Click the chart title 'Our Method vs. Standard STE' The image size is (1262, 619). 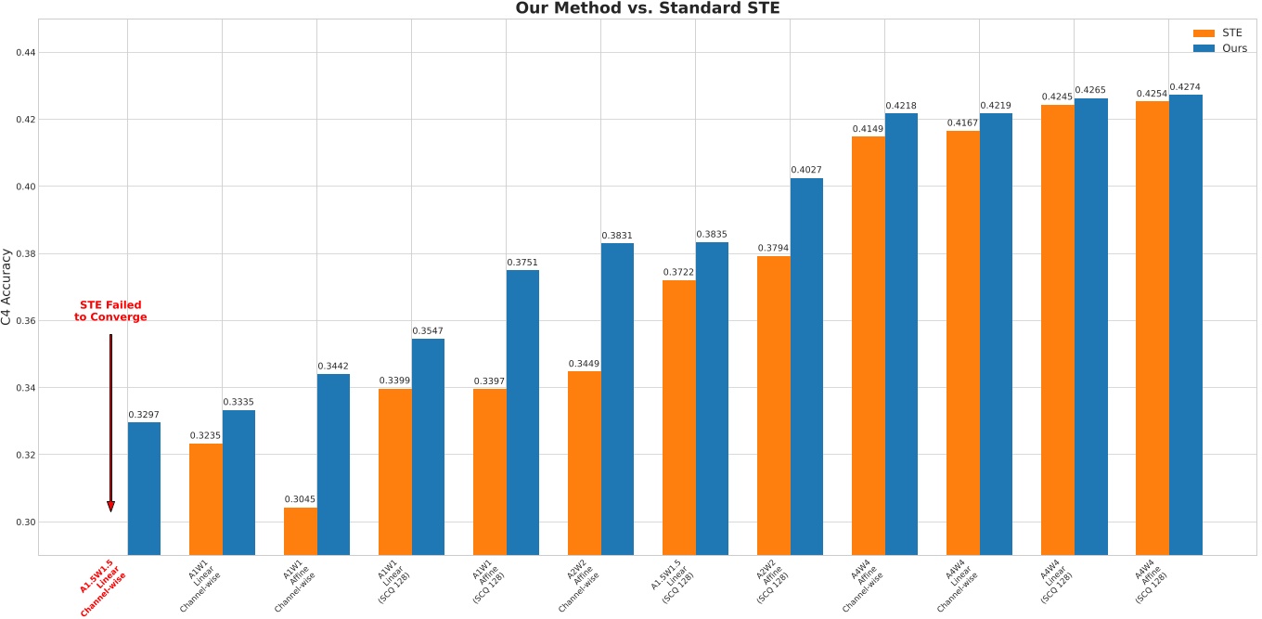[648, 9]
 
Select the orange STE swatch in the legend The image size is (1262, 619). [1203, 32]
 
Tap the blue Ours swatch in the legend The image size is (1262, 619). [1203, 48]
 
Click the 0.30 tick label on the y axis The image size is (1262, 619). [25, 522]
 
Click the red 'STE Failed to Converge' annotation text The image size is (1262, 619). [110, 311]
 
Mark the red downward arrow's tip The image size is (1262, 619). [110, 509]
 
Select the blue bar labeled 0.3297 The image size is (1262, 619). [144, 488]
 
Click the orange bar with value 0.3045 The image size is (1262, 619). [300, 531]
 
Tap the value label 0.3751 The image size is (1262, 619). [522, 263]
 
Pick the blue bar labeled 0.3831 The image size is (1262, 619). [617, 399]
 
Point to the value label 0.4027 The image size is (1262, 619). [806, 170]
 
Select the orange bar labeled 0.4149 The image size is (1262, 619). [868, 345]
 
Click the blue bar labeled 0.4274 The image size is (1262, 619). [1185, 325]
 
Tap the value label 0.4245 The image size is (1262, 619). [1057, 97]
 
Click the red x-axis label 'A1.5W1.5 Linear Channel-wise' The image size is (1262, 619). [103, 587]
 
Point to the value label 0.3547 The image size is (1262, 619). [428, 330]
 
